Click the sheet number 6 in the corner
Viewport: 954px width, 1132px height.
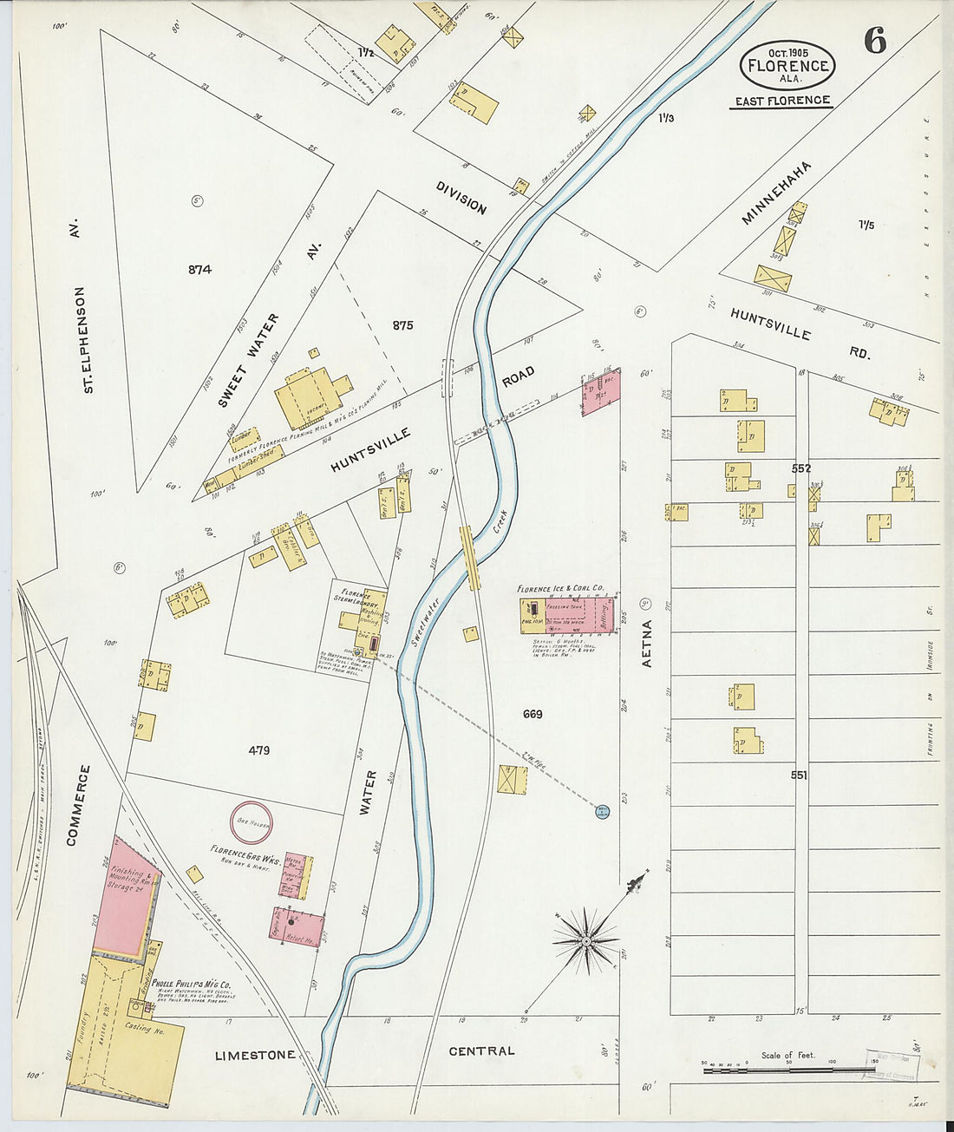pyautogui.click(x=875, y=41)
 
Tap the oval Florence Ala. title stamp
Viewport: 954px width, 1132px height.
pyautogui.click(x=787, y=64)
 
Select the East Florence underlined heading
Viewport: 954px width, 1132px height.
pyautogui.click(x=781, y=101)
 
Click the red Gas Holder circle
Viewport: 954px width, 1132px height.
pyautogui.click(x=251, y=821)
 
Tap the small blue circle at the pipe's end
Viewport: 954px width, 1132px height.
pyautogui.click(x=603, y=811)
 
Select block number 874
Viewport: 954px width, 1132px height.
pyautogui.click(x=199, y=270)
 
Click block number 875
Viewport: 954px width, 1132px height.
pyautogui.click(x=402, y=326)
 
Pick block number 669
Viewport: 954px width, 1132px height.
pyautogui.click(x=533, y=714)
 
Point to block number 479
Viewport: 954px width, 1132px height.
pyautogui.click(x=258, y=750)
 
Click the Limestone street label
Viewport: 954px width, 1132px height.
pyautogui.click(x=255, y=1055)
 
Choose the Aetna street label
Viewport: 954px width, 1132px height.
pyautogui.click(x=646, y=643)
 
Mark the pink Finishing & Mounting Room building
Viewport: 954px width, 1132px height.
pyautogui.click(x=126, y=898)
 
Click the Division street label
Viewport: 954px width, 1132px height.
pyautogui.click(x=461, y=198)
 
